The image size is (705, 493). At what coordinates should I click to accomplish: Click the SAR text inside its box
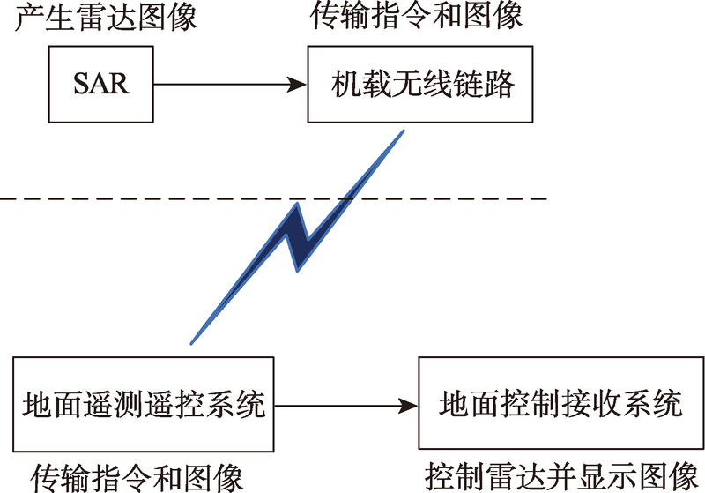101,84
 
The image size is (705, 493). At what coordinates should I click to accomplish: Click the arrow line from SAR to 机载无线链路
230,84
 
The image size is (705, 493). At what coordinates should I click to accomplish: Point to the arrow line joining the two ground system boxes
346,406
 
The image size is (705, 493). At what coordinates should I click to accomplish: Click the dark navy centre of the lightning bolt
298,237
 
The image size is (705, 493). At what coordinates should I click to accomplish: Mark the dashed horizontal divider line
273,198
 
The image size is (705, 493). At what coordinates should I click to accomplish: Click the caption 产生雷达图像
106,18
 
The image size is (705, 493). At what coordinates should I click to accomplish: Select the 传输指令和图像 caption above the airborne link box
416,16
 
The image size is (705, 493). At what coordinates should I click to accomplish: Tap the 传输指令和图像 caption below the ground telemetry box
137,478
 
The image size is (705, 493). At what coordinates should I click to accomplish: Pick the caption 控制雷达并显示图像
561,476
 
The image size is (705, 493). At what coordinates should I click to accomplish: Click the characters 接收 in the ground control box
591,403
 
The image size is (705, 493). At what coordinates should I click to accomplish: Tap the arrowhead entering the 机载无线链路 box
297,84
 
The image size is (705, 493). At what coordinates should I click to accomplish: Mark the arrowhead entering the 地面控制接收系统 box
408,406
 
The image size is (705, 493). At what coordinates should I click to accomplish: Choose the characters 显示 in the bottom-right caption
608,476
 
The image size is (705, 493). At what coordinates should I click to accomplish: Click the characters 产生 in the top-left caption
45,18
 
